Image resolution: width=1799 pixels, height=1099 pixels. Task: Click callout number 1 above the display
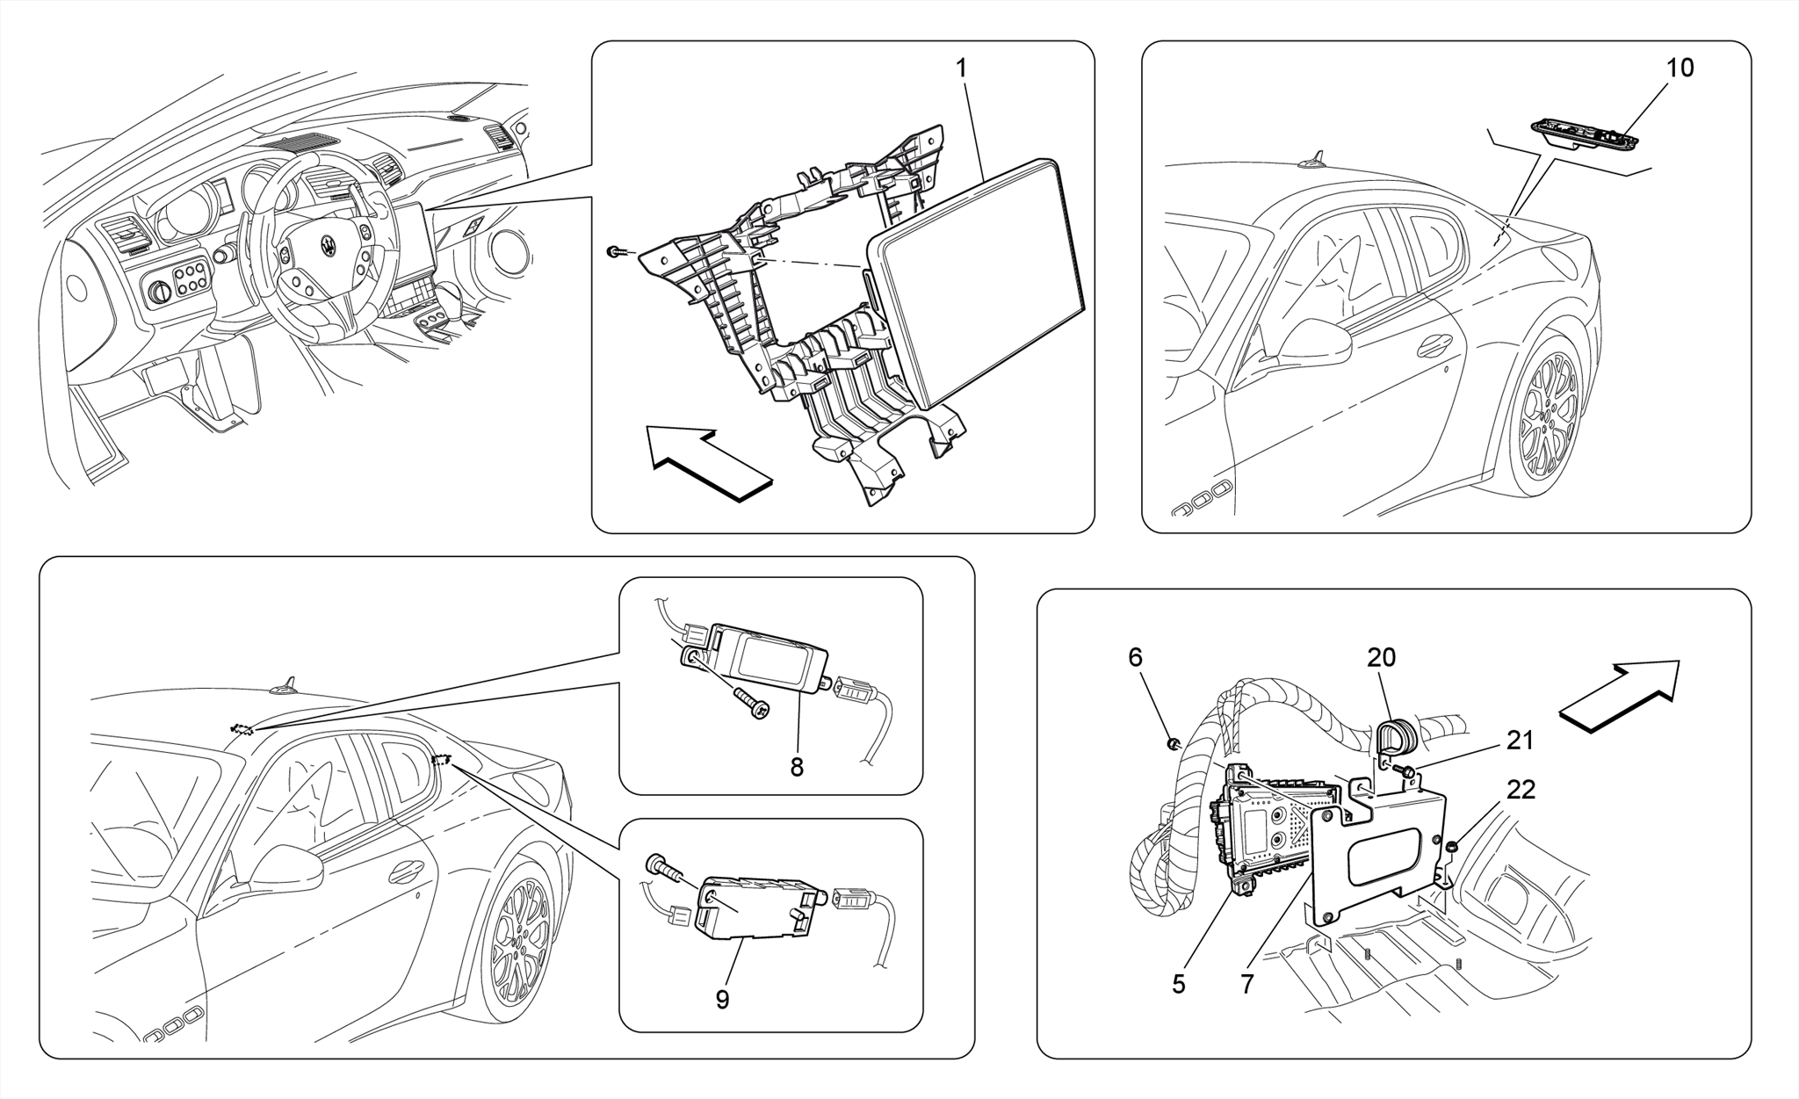tap(961, 68)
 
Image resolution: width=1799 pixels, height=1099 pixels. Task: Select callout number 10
tap(1680, 68)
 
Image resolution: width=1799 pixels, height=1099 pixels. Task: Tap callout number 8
tap(797, 767)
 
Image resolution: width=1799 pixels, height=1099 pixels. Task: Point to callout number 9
tap(722, 1000)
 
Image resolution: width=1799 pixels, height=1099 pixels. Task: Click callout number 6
tap(1135, 657)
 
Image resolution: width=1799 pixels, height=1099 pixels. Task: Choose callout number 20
tap(1381, 657)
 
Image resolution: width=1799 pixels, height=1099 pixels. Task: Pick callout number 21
tap(1520, 741)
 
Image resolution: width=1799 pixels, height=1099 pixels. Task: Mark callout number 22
tap(1521, 790)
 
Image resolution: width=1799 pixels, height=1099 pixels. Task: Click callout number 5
tap(1179, 984)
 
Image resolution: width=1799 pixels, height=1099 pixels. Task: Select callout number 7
tap(1247, 984)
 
